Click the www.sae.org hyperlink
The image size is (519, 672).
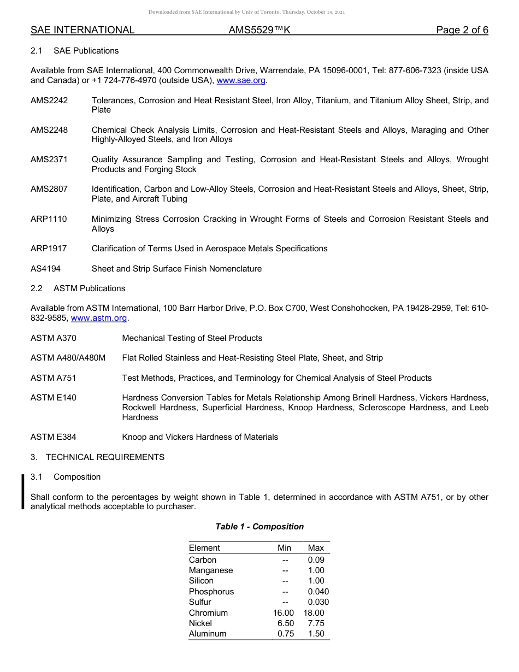point(241,80)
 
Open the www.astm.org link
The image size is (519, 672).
point(99,318)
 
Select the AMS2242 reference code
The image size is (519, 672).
point(49,101)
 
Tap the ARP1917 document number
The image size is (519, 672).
point(49,249)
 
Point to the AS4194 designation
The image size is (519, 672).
point(45,269)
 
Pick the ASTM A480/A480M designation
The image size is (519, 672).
point(68,358)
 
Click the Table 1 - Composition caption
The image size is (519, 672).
point(259,527)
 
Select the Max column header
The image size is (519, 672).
point(316,548)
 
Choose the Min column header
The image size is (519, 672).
point(284,548)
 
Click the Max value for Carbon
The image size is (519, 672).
point(316,560)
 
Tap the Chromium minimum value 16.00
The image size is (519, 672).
point(284,613)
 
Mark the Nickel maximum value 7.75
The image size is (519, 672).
point(316,623)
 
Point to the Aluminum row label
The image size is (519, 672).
point(208,634)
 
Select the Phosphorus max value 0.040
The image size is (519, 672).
point(319,592)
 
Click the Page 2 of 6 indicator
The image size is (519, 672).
point(462,30)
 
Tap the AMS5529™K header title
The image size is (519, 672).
point(259,30)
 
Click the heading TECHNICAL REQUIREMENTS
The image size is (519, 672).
point(105,457)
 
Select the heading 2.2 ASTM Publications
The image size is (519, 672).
point(78,288)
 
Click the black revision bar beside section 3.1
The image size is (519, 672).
point(23,492)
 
